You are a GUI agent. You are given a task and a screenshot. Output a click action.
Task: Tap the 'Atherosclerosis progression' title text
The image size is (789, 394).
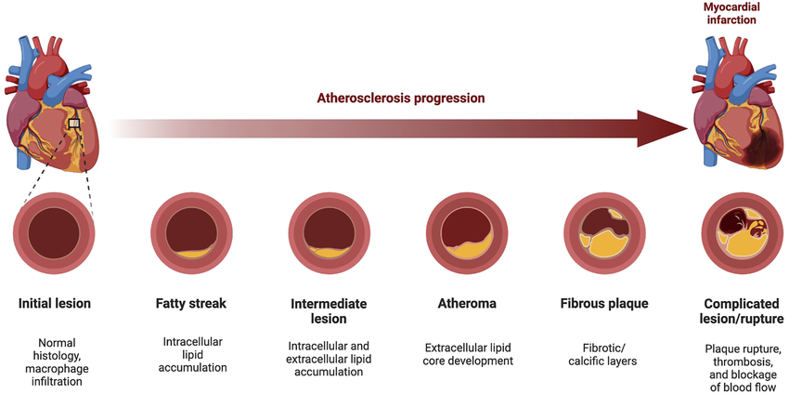(402, 98)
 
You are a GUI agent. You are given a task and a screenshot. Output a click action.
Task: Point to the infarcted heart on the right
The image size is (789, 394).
(737, 107)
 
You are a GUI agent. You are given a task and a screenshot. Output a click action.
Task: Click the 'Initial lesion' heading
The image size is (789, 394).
(55, 304)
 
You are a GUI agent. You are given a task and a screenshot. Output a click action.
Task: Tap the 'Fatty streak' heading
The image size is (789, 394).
(191, 304)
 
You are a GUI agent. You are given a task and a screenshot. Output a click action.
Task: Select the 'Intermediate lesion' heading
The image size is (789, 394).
(328, 311)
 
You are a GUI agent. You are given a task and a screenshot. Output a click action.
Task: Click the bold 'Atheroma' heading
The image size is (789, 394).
(466, 304)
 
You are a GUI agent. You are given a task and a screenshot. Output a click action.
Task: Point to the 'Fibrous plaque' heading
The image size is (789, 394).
(603, 304)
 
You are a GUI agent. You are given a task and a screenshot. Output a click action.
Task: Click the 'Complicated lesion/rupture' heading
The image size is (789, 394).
(740, 311)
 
